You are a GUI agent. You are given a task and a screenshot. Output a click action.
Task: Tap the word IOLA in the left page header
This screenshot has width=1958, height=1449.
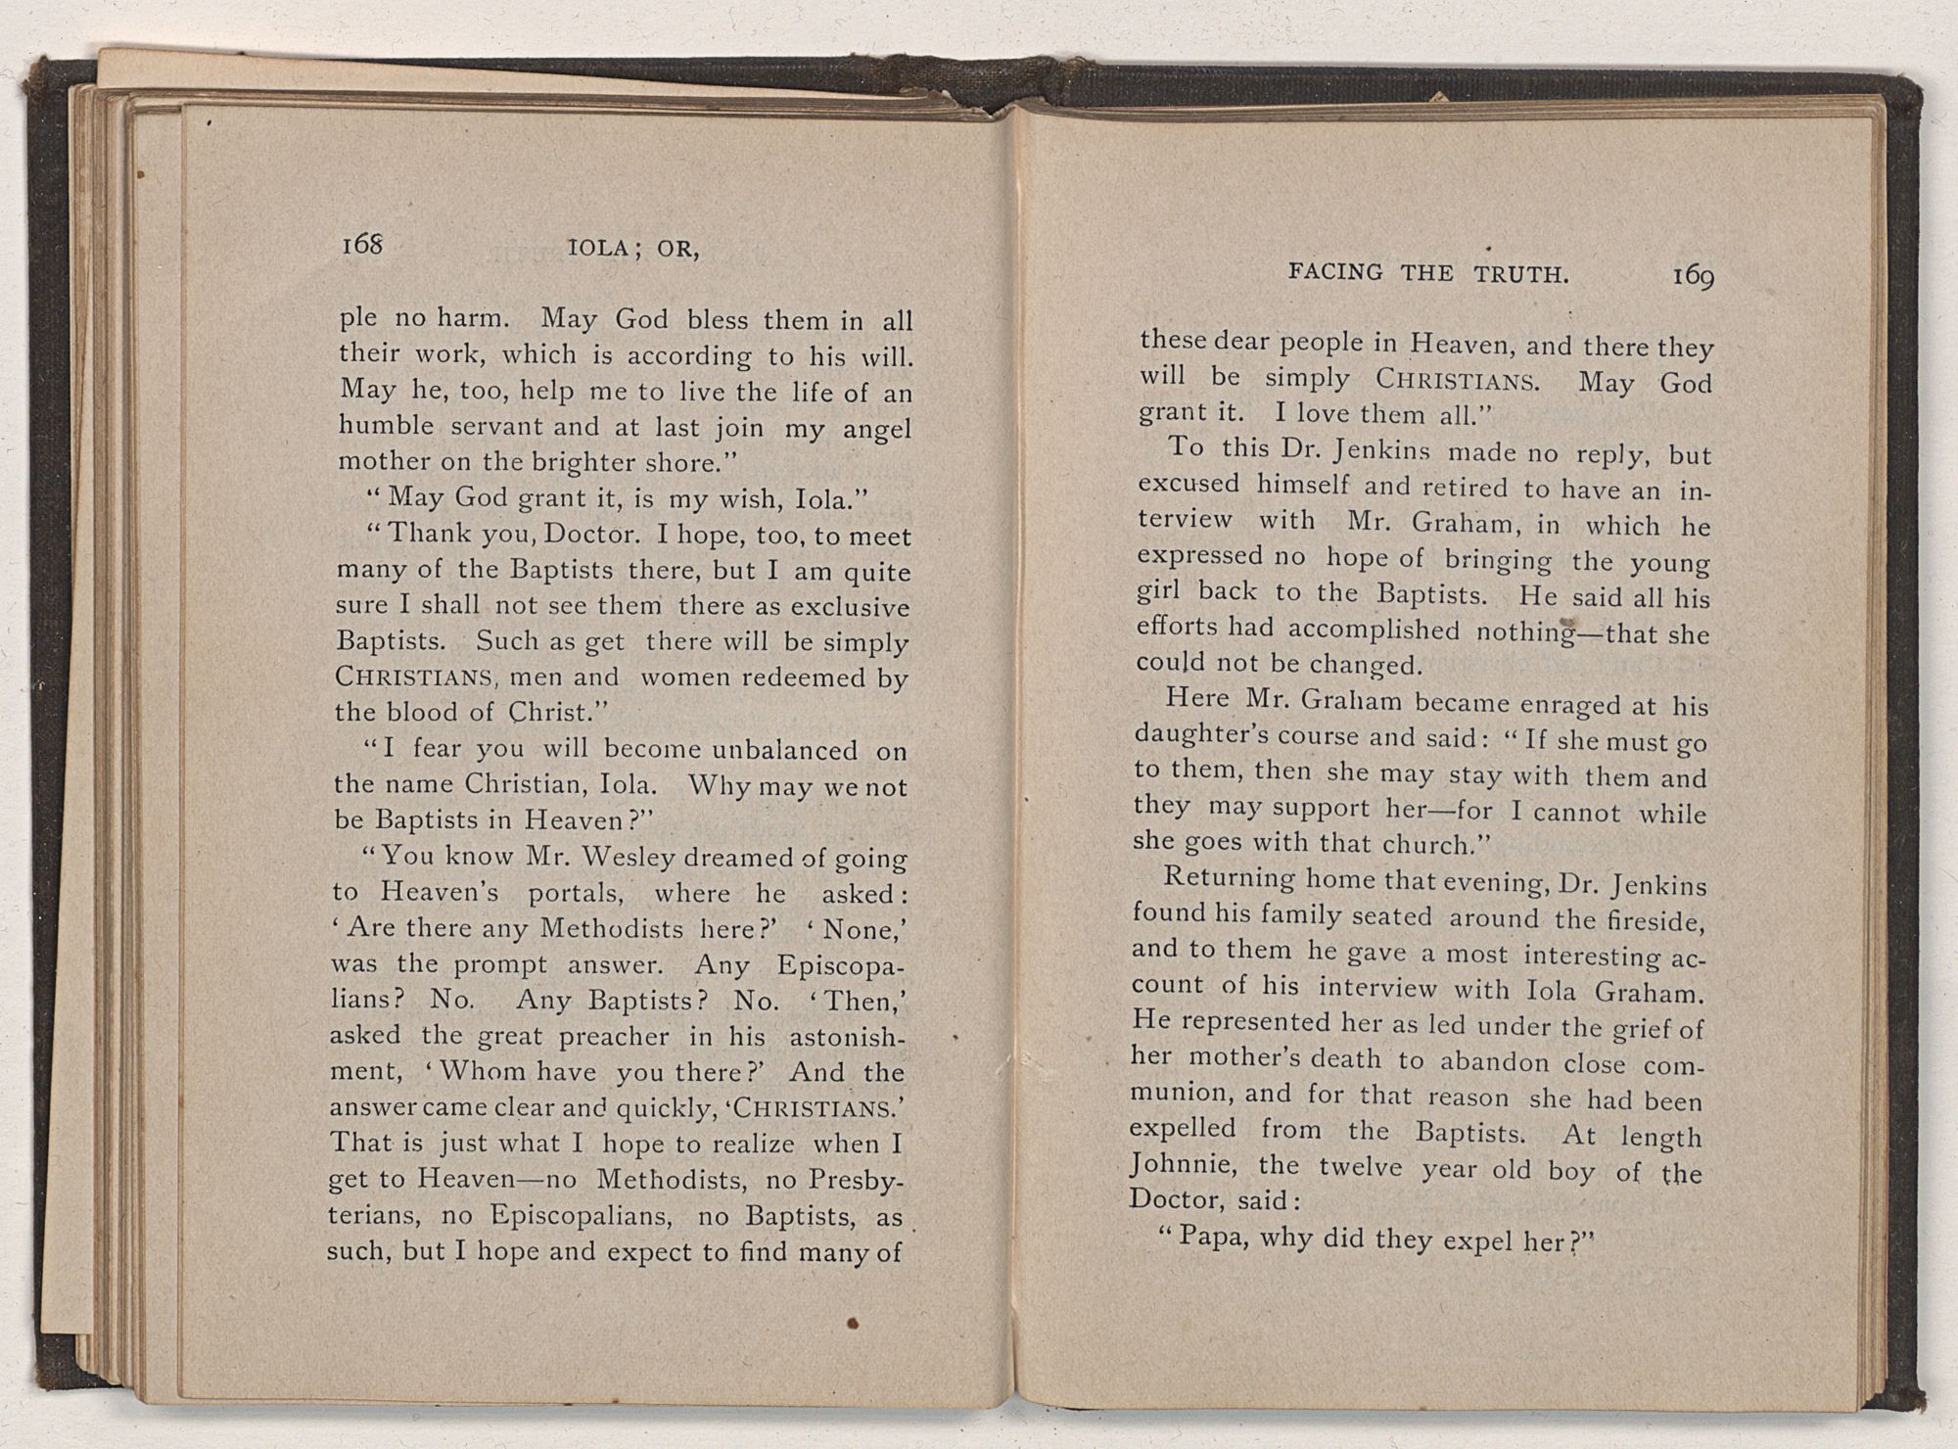point(598,249)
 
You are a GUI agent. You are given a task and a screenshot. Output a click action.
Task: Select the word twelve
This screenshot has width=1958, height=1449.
point(1365,1168)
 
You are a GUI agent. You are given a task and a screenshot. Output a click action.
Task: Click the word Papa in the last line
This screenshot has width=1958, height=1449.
point(1212,1236)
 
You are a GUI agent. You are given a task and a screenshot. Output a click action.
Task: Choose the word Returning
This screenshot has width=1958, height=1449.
point(1229,877)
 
